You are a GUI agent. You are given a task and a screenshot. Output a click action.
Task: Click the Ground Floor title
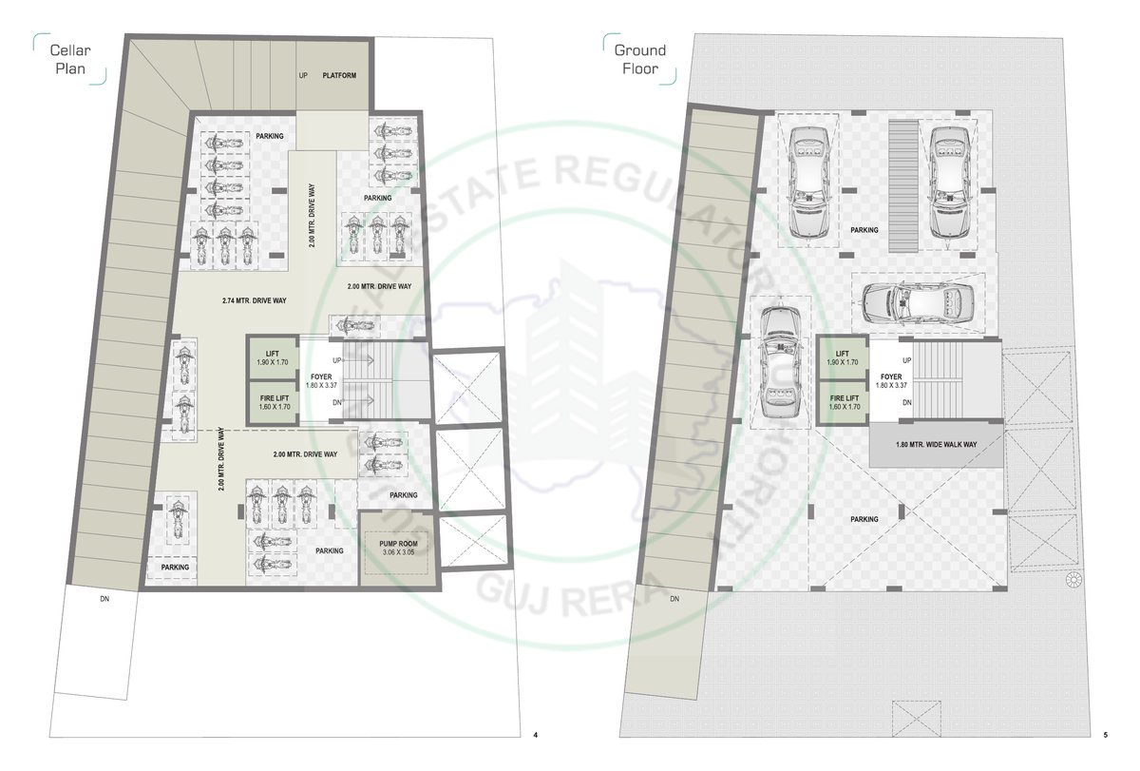(639, 59)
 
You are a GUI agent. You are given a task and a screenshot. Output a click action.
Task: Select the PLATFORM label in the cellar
(339, 75)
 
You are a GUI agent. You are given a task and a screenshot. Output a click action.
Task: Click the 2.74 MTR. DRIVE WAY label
(255, 300)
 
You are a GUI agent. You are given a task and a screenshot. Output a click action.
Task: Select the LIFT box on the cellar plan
(272, 357)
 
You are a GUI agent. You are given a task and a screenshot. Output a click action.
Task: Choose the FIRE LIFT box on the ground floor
(844, 402)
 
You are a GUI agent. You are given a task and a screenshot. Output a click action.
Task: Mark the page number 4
(536, 734)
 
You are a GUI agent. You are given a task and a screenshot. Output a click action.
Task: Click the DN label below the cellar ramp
(104, 599)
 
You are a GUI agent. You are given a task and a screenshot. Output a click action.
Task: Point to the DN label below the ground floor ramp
(674, 599)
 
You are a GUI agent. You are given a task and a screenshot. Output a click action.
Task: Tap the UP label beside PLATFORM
(304, 75)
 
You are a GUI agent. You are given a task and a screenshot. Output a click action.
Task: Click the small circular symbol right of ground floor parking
(1073, 580)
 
